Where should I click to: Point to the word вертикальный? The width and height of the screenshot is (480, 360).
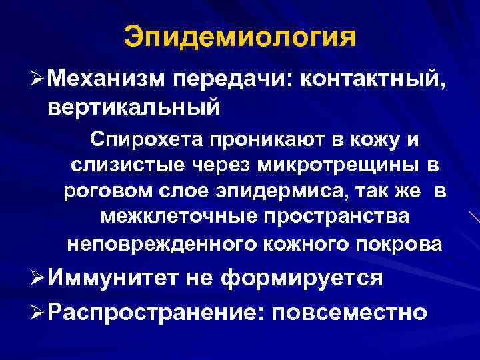pyautogui.click(x=133, y=105)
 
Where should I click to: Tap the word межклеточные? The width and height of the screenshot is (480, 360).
pyautogui.click(x=171, y=217)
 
